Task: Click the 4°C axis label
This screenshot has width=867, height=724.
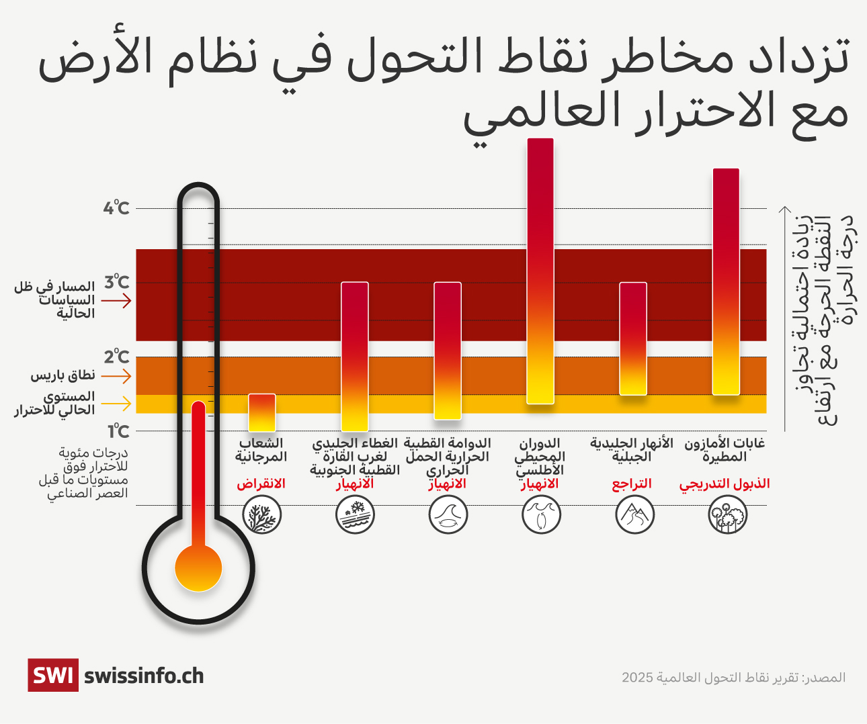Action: click(x=116, y=208)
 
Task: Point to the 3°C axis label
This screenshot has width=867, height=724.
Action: click(x=116, y=282)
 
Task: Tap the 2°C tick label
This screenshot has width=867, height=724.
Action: click(x=116, y=357)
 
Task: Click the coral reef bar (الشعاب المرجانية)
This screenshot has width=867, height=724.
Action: click(x=262, y=412)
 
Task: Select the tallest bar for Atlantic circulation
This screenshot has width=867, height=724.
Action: click(x=540, y=271)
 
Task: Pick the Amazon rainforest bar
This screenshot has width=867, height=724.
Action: click(x=726, y=281)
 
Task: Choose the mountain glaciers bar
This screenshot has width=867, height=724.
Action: click(x=633, y=338)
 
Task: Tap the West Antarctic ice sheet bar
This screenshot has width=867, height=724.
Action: click(x=355, y=356)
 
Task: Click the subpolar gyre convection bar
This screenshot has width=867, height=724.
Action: click(x=448, y=351)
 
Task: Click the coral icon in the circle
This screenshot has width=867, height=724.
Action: click(x=261, y=516)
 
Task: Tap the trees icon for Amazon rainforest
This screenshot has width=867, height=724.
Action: click(x=728, y=516)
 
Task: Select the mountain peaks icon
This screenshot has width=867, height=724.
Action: click(x=634, y=516)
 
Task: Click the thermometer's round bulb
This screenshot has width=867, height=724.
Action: click(x=198, y=568)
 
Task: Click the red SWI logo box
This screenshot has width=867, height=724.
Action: click(x=52, y=675)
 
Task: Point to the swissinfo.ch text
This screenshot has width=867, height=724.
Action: click(x=144, y=676)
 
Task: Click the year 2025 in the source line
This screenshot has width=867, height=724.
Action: click(x=637, y=677)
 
